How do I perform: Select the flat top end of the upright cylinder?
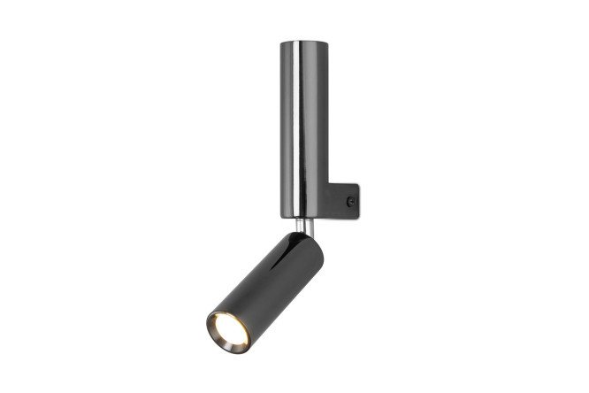(304, 42)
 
